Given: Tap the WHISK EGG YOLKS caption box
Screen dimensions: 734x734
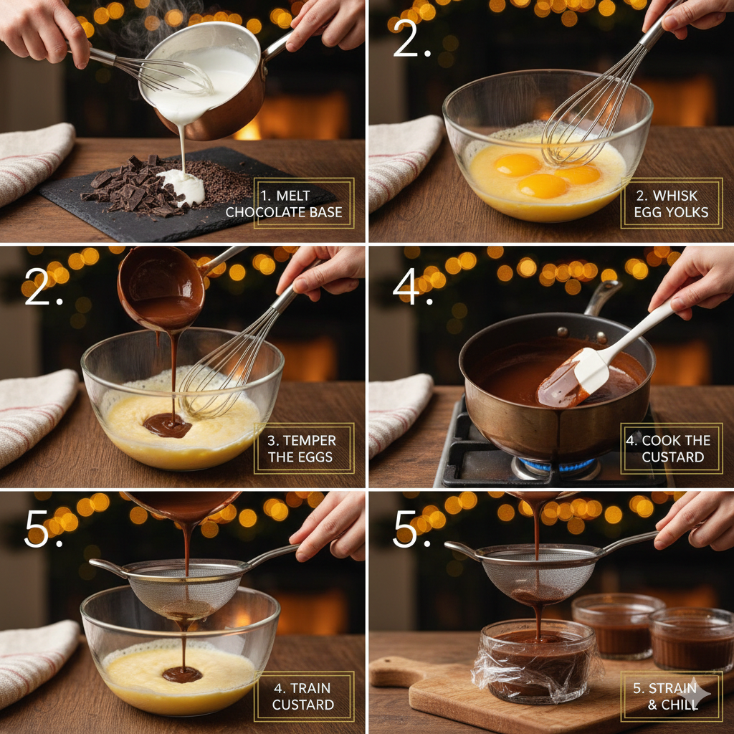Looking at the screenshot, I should [671, 203].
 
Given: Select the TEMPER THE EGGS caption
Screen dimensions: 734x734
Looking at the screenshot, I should [303, 448].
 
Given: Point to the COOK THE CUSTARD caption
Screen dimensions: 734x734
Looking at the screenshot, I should [671, 448].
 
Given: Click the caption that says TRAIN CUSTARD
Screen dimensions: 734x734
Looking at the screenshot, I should [303, 696].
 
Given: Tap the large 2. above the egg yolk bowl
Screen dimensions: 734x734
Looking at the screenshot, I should [412, 43].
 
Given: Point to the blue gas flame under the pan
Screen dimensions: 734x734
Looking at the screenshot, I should [559, 467].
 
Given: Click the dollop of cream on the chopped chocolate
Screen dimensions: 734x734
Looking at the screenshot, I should [182, 186].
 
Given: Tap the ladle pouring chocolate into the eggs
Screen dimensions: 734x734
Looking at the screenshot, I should [161, 283].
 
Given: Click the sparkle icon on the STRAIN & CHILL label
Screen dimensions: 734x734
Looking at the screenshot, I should [699, 694].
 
